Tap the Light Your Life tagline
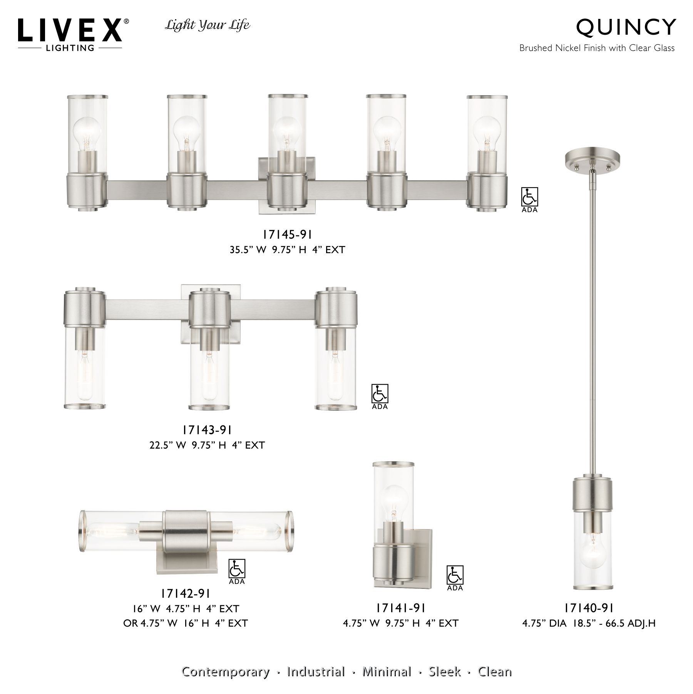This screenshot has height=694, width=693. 208,26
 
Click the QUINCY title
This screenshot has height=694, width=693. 626,27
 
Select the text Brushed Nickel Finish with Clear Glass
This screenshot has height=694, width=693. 597,48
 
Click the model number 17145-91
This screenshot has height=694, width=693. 287,234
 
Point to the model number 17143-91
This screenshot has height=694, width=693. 207,429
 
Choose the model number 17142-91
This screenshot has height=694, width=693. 186,593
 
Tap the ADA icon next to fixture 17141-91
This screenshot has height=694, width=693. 455,576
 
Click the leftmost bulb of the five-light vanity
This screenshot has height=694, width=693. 86,133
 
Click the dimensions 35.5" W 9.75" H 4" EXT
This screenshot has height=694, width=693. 287,250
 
